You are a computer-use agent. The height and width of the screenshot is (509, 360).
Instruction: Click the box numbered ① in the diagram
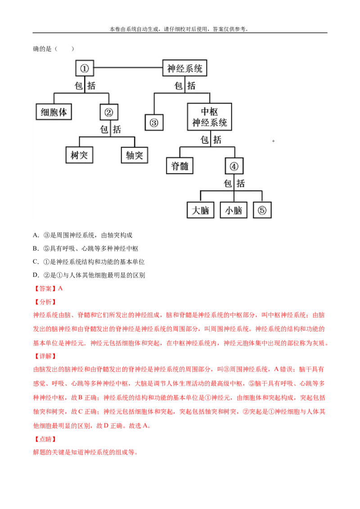tap(85, 68)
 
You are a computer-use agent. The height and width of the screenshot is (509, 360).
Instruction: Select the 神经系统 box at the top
tap(184, 68)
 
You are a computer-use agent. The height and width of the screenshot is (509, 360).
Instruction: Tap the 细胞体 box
tap(54, 112)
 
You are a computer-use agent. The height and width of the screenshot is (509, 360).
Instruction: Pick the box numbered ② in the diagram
tap(109, 112)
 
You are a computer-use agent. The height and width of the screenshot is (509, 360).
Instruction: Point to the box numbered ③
tap(154, 122)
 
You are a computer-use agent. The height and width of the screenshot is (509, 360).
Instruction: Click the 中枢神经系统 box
tap(210, 117)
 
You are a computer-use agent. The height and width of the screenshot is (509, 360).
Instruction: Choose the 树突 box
tap(79, 155)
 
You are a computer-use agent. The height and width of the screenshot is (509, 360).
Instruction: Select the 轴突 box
tap(135, 155)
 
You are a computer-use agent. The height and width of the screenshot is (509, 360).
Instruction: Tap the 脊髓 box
tap(180, 166)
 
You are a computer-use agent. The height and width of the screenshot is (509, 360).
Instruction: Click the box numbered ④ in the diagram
tap(234, 166)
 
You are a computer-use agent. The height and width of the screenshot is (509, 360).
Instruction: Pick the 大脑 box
tap(200, 210)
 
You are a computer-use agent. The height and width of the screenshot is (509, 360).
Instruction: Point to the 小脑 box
tap(234, 210)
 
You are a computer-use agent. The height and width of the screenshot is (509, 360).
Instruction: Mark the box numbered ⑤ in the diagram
tap(262, 210)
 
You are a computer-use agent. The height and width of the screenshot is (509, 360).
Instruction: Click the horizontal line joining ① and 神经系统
tap(128, 68)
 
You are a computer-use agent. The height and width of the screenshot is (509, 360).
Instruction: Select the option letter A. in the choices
tap(36, 235)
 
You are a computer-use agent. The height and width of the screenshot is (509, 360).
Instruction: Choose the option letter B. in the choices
tap(36, 248)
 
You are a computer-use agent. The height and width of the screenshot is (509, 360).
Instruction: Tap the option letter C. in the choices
tap(36, 262)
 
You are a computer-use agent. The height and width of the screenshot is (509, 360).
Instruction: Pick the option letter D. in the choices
tap(36, 275)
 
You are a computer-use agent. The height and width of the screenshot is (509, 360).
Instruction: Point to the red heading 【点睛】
tap(45, 439)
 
